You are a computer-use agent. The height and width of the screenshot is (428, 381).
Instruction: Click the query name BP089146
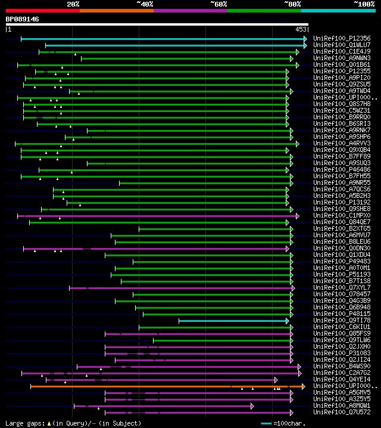click(x=23, y=19)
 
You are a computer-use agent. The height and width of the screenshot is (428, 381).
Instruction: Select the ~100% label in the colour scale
click(x=364, y=4)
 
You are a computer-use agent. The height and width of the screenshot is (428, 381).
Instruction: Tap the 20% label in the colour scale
click(x=73, y=4)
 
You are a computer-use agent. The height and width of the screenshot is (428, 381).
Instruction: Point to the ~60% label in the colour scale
click(x=218, y=4)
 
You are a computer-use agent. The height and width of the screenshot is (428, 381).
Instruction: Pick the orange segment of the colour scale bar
click(x=116, y=10)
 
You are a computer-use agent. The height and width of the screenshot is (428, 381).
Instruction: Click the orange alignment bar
click(x=167, y=386)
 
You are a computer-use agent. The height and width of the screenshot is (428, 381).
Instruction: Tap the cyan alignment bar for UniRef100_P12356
click(x=161, y=39)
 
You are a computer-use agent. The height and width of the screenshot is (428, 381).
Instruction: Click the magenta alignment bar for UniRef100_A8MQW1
click(x=161, y=406)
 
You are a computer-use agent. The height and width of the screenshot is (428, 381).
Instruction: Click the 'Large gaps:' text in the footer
click(x=24, y=423)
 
